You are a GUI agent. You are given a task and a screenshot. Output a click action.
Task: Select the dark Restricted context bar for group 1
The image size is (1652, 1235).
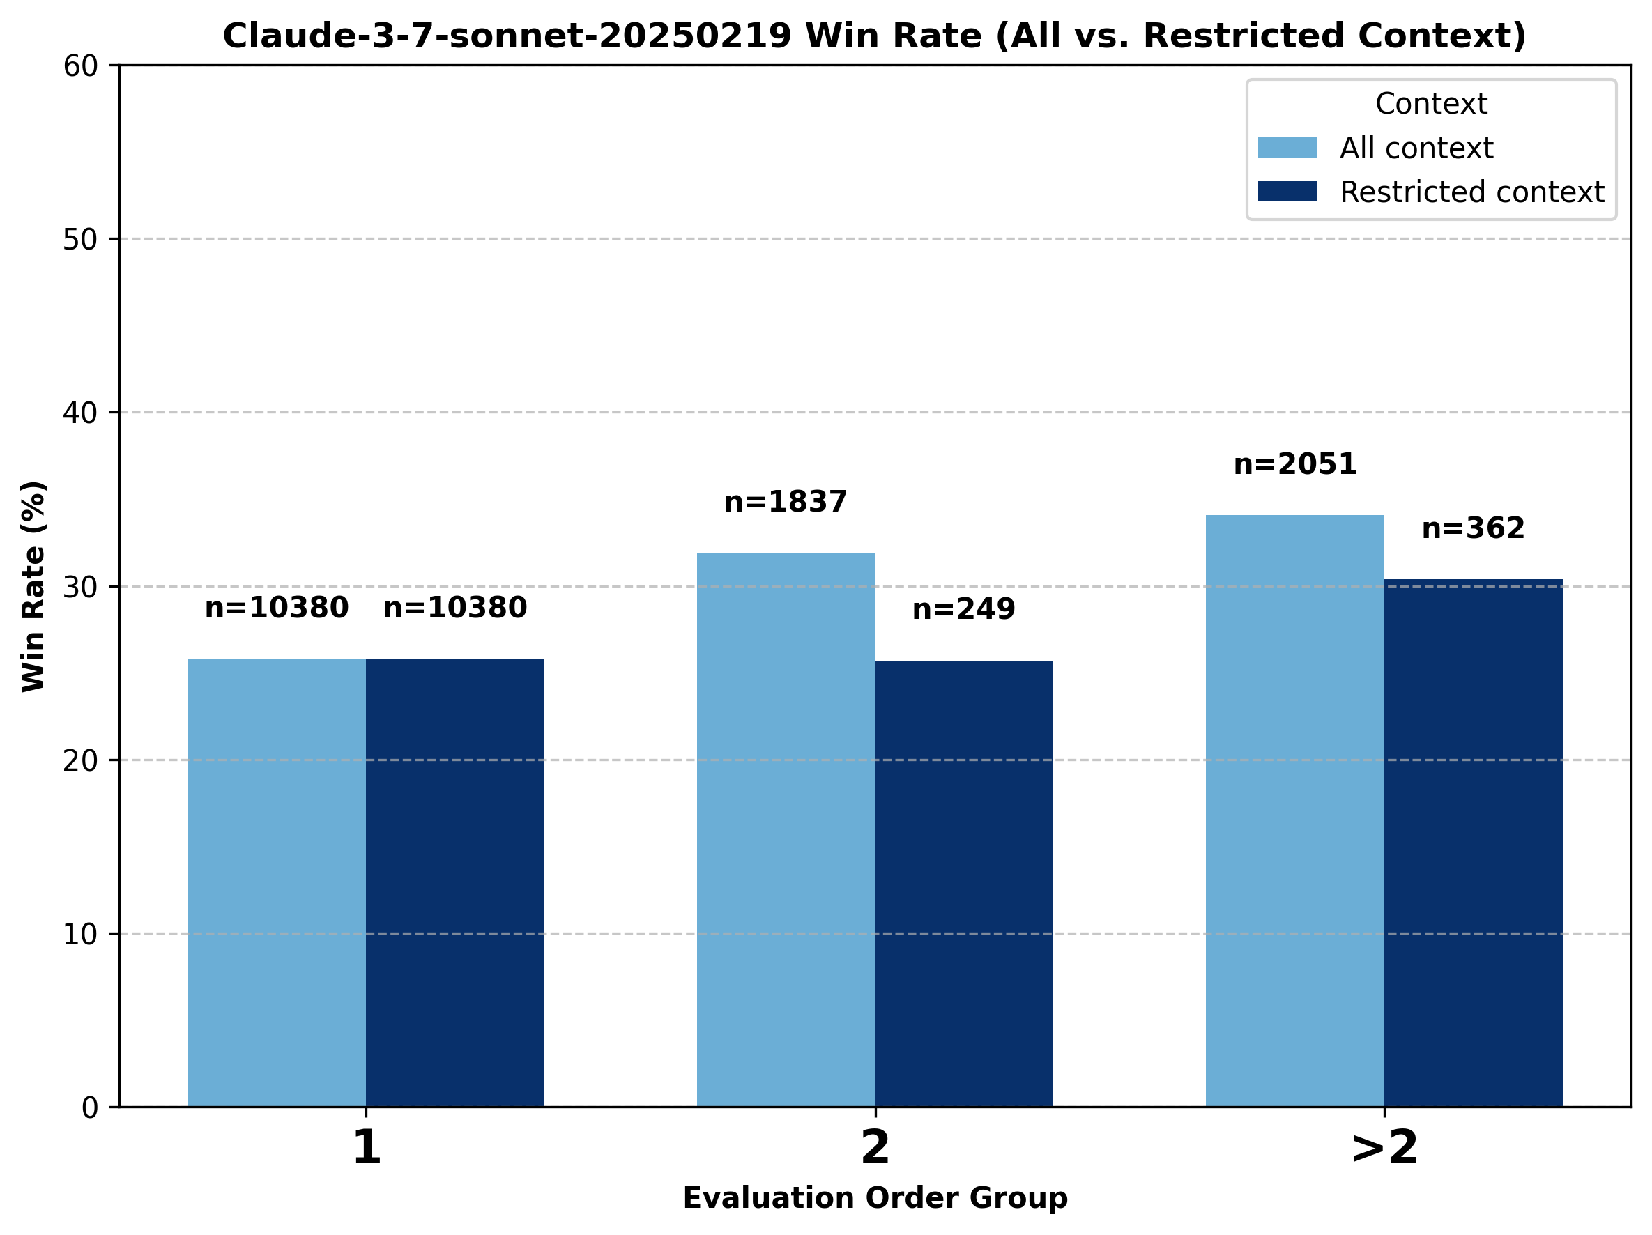click(454, 882)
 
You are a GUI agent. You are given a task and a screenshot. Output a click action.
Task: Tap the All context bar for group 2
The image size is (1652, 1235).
click(786, 829)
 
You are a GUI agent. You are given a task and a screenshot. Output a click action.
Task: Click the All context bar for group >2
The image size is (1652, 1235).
click(1294, 810)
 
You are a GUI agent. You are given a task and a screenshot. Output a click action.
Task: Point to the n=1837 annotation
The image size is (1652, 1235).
click(786, 502)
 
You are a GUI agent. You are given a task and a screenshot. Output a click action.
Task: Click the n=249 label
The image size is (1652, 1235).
click(963, 609)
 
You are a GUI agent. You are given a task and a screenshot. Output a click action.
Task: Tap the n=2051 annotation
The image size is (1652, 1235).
click(1294, 464)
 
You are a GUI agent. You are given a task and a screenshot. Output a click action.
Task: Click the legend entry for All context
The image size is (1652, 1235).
click(1415, 148)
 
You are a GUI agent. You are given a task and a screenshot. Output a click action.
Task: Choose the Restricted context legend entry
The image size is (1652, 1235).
click(1471, 192)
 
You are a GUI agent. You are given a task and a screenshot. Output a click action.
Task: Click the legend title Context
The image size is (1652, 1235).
click(1431, 104)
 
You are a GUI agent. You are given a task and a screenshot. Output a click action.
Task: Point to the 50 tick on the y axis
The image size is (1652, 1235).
click(81, 240)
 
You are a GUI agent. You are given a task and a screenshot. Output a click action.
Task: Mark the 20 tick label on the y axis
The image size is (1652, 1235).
click(81, 761)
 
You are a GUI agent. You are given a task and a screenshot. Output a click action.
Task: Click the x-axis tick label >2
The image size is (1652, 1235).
click(1384, 1148)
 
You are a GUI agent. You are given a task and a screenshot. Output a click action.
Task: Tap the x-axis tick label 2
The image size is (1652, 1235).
click(875, 1148)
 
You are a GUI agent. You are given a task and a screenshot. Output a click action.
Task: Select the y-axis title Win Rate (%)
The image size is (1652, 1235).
click(33, 586)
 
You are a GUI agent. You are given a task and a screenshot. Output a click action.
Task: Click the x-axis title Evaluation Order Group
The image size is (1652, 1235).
click(875, 1197)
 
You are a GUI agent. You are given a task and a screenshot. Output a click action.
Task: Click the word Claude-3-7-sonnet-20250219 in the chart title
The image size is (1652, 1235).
click(507, 36)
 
